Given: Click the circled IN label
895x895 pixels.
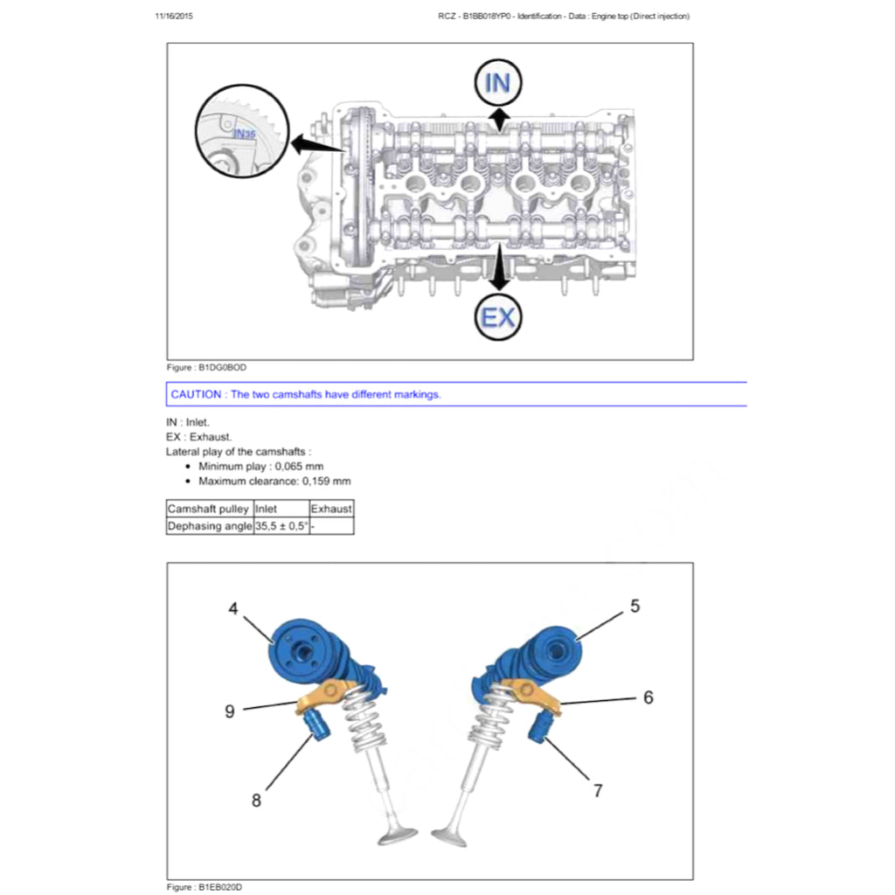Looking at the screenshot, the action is [x=497, y=84].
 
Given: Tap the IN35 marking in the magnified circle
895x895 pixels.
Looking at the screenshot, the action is [x=245, y=134].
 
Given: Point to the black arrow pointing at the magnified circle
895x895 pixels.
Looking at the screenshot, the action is [x=316, y=144].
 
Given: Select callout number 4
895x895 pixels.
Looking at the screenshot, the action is [x=233, y=609].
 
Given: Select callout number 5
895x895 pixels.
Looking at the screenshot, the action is [x=635, y=606].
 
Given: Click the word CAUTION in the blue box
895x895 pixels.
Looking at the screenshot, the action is [x=196, y=394].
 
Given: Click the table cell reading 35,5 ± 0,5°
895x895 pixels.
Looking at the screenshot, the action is [x=281, y=526].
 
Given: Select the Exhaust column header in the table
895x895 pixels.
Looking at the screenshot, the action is [x=331, y=509].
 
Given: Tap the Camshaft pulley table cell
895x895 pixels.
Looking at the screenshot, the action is [x=208, y=509].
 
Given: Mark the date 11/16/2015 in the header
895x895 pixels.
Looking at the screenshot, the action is [x=174, y=17].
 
